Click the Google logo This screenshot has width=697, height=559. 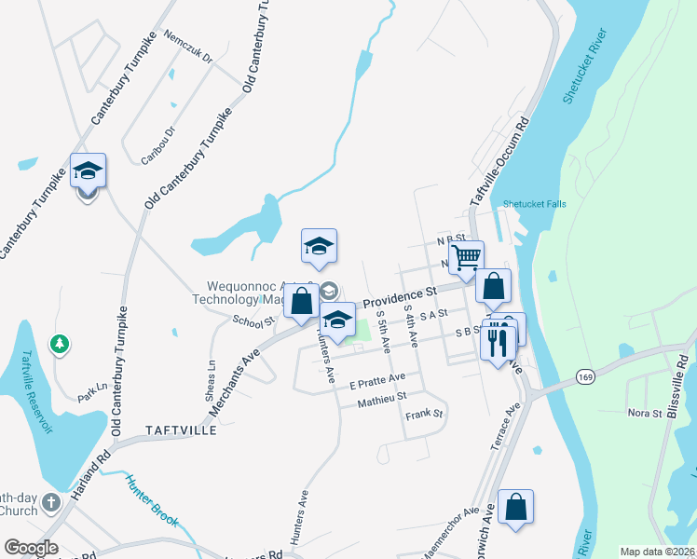31,548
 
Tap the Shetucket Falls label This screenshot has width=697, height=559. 534,204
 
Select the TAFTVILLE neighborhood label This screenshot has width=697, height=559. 181,431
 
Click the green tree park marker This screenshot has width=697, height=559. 60,345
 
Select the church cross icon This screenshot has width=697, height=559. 51,502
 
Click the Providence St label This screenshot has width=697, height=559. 400,297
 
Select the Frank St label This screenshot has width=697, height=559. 424,413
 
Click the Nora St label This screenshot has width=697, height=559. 644,412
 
